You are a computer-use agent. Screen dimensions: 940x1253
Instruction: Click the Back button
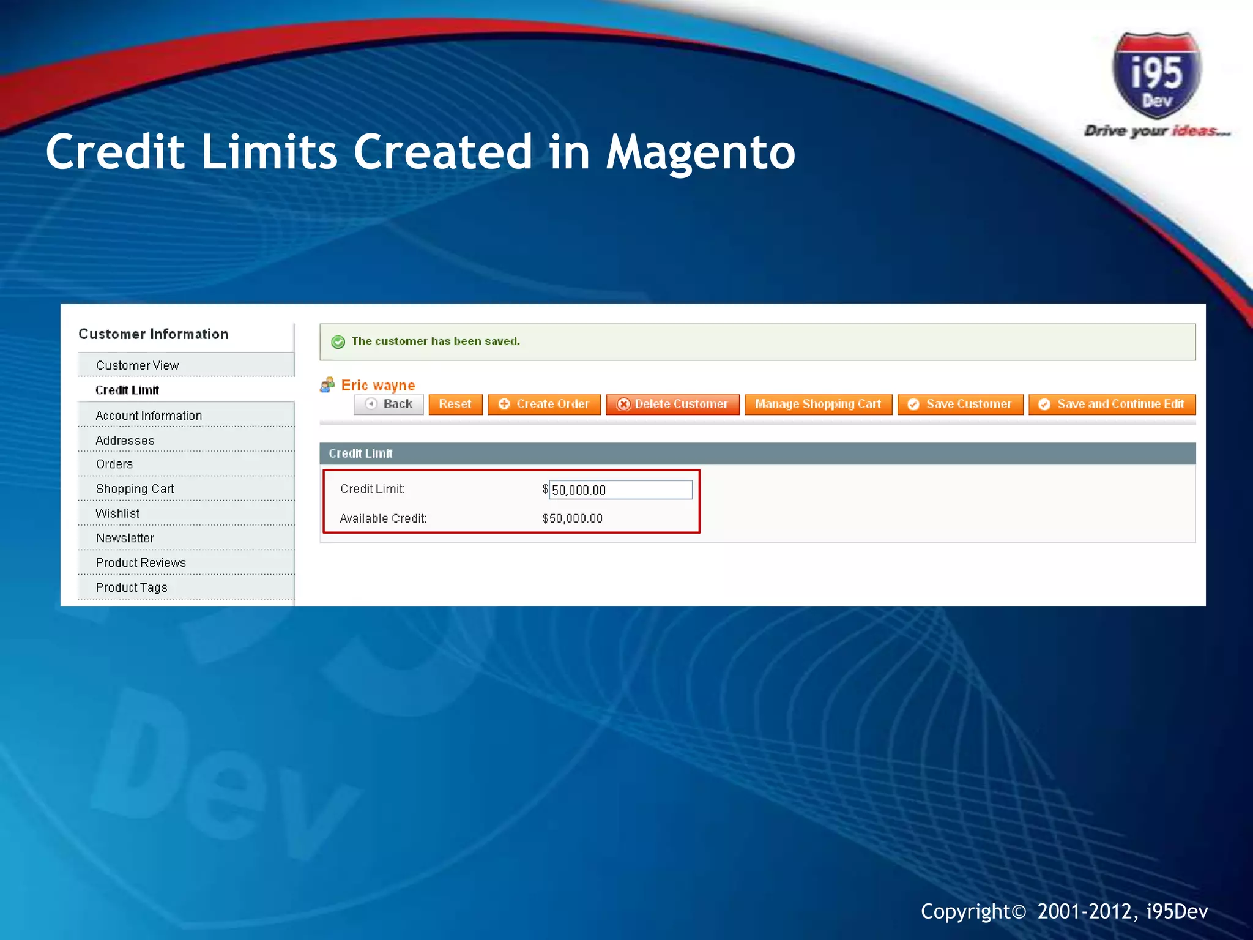click(x=389, y=405)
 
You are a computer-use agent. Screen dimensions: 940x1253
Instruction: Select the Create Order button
click(x=544, y=405)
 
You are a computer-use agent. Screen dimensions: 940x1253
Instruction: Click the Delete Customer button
click(x=672, y=405)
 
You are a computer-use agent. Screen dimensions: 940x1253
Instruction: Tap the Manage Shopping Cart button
click(x=818, y=405)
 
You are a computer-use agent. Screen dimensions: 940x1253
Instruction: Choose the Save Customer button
click(x=960, y=405)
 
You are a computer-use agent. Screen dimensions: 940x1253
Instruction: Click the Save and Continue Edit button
click(x=1112, y=405)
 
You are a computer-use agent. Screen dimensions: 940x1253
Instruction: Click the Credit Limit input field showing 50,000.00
click(x=620, y=490)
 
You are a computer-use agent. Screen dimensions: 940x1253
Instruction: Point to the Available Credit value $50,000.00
click(x=572, y=519)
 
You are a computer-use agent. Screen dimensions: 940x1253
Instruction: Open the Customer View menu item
click(x=137, y=365)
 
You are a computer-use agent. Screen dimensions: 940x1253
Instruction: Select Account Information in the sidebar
click(x=149, y=416)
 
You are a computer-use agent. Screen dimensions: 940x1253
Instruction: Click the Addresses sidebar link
click(x=125, y=441)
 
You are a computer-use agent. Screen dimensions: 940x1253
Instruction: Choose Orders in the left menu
click(x=114, y=464)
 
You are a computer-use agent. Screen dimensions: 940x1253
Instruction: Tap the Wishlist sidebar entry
click(x=117, y=513)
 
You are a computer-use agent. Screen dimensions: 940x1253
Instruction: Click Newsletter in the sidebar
click(x=125, y=539)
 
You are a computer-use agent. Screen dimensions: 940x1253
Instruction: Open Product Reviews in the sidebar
click(x=141, y=563)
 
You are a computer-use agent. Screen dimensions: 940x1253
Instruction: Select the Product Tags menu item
click(x=132, y=587)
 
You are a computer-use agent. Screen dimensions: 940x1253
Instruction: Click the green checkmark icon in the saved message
click(x=338, y=342)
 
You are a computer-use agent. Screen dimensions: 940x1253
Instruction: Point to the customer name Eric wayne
click(x=378, y=386)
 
